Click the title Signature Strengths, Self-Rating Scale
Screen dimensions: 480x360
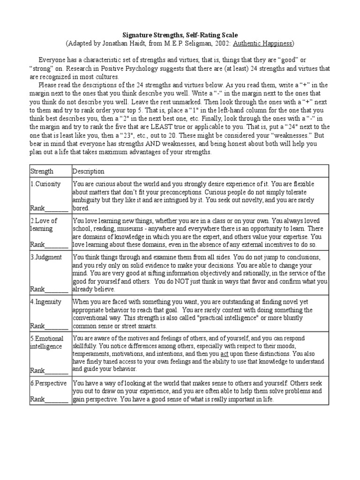(x=180, y=35)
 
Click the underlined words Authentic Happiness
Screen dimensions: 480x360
(x=264, y=43)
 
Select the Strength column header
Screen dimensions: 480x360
(x=42, y=172)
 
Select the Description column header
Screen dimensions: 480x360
(x=89, y=172)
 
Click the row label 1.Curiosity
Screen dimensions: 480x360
(x=46, y=184)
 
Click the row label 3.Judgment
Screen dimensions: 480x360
(x=46, y=257)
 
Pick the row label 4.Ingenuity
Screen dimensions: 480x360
(x=46, y=302)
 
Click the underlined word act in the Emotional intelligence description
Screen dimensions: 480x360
(x=225, y=355)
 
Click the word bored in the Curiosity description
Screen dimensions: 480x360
(x=81, y=208)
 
